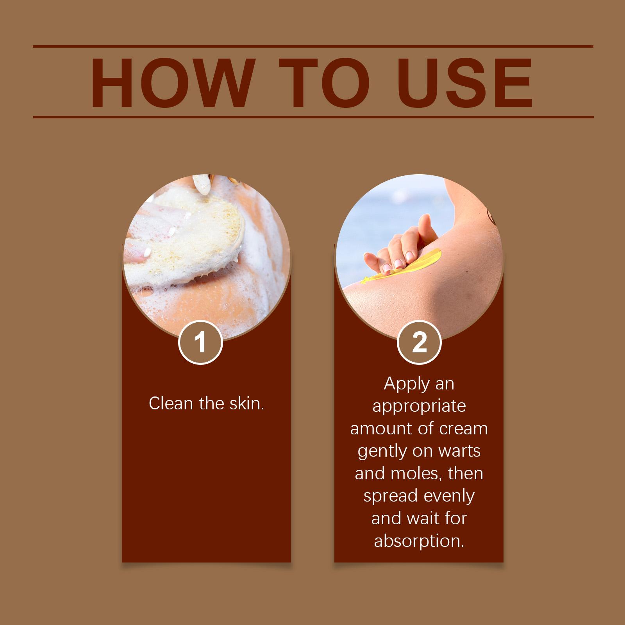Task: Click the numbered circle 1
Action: click(200, 343)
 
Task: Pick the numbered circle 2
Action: click(419, 343)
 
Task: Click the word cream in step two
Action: click(463, 429)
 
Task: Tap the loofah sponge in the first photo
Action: click(184, 242)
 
